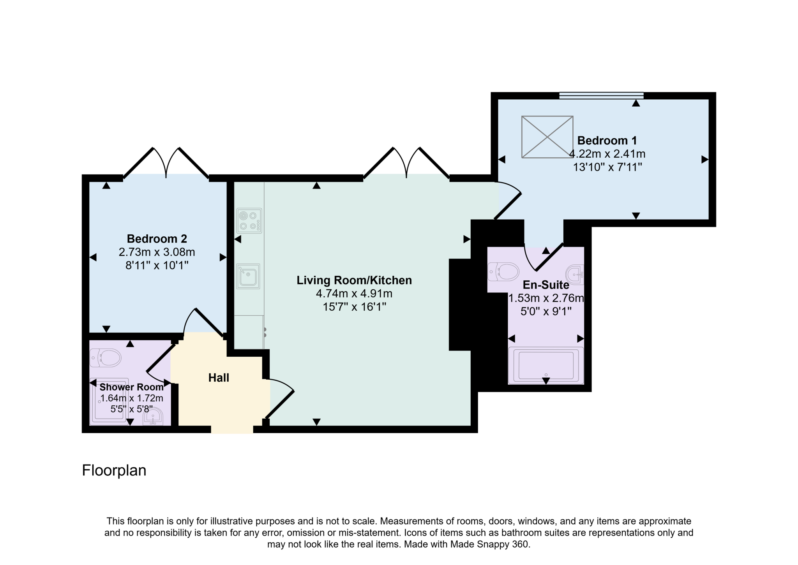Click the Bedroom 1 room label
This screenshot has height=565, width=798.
(607, 140)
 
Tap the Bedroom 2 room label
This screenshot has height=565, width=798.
(157, 238)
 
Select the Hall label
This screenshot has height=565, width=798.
(219, 378)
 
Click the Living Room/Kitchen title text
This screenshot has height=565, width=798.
(354, 280)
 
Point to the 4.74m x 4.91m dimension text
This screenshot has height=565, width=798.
(354, 294)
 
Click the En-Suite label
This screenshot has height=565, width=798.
(546, 285)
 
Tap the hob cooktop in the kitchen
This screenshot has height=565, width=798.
(249, 221)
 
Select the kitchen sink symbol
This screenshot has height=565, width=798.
(248, 276)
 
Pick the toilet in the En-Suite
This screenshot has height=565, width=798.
(503, 271)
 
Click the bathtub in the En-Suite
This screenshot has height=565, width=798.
(546, 365)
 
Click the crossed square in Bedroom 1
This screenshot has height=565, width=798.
(547, 137)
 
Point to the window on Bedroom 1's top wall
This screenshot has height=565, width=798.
(601, 95)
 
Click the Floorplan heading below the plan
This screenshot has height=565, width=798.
(114, 470)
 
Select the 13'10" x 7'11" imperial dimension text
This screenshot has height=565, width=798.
(607, 167)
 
